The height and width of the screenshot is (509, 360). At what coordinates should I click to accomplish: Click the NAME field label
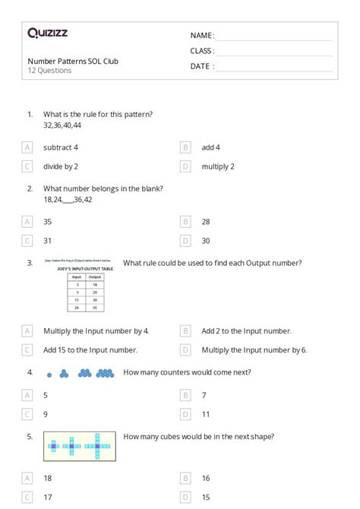click(x=201, y=35)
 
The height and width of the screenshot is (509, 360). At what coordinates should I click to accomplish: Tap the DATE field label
click(x=201, y=66)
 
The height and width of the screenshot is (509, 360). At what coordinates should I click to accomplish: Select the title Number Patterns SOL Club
click(x=73, y=61)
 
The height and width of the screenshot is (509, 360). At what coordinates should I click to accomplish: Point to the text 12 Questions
click(x=49, y=71)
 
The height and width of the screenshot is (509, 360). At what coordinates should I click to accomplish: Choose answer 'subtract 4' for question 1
click(x=61, y=147)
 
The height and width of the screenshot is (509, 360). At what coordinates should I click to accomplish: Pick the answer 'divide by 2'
click(x=61, y=166)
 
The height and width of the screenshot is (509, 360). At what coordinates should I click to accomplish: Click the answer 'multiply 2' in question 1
click(x=218, y=166)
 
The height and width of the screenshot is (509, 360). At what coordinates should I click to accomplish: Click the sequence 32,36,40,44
click(x=62, y=125)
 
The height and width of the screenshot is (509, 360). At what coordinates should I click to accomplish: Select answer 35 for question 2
click(x=48, y=221)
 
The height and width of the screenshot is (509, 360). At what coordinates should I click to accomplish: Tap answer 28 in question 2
click(x=207, y=221)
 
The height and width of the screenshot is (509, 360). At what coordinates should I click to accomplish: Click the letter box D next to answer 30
click(x=185, y=240)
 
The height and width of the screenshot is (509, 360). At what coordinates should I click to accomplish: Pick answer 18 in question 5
click(x=48, y=478)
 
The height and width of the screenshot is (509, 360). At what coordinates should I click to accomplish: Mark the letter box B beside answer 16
click(x=185, y=478)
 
